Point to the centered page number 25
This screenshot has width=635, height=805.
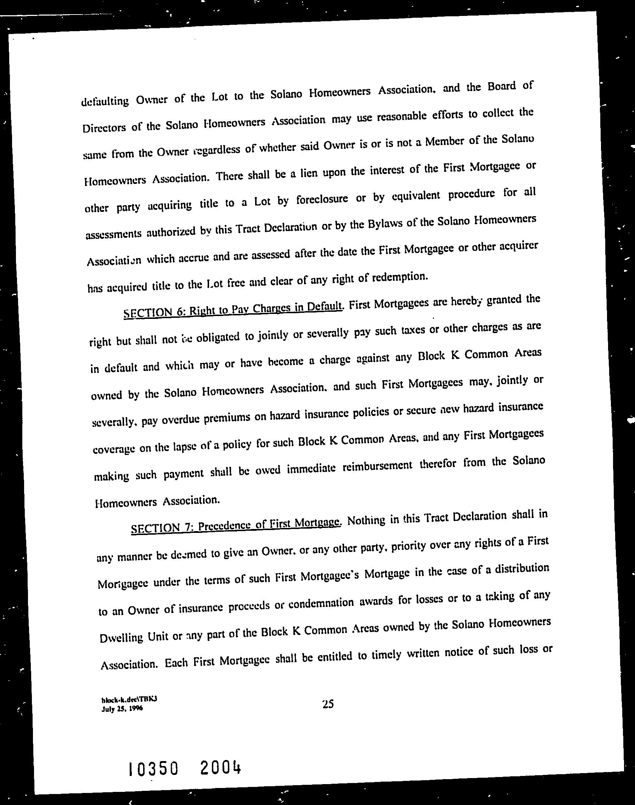(x=328, y=704)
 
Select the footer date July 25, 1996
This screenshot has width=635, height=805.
(x=122, y=709)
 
